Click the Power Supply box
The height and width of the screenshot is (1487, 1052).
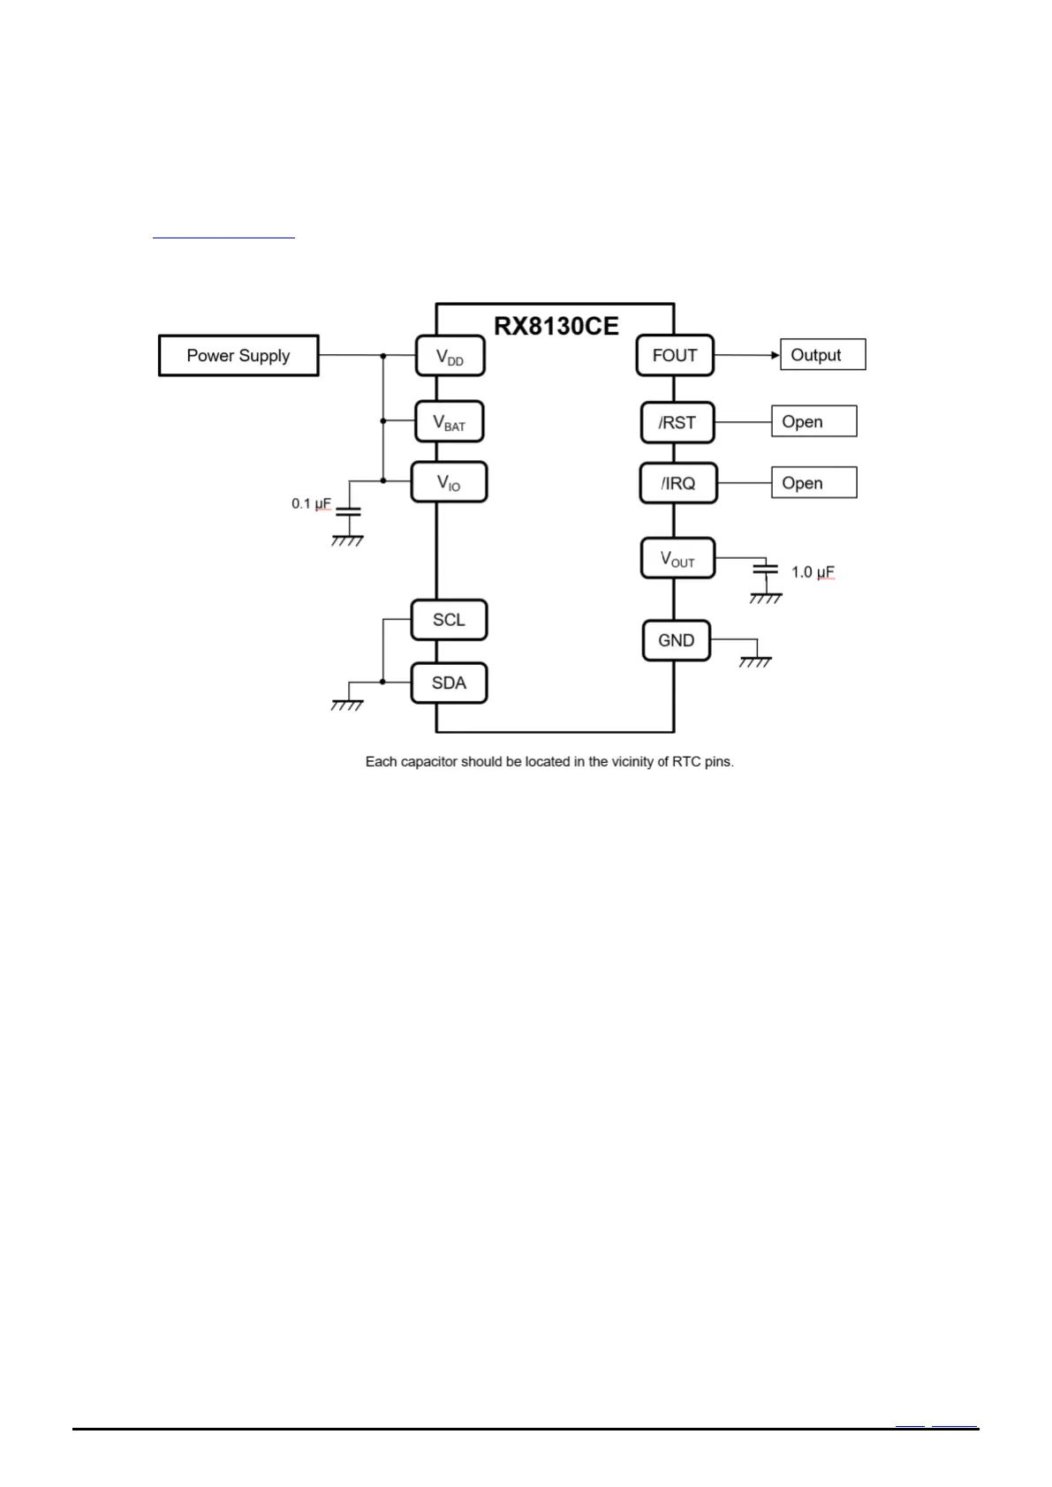click(238, 356)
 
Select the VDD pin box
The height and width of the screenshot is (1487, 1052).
click(450, 357)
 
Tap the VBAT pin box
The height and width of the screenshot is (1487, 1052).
click(450, 422)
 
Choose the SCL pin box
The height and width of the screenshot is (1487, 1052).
click(449, 620)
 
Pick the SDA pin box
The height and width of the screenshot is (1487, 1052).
click(449, 683)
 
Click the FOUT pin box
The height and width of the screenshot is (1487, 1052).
click(675, 356)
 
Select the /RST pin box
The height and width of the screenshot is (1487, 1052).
click(677, 423)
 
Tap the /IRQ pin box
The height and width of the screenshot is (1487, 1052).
click(678, 484)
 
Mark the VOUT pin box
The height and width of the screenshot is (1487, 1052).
click(677, 559)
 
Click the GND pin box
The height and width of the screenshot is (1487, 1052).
click(676, 641)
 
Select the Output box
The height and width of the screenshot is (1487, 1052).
click(822, 355)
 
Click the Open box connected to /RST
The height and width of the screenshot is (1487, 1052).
click(814, 422)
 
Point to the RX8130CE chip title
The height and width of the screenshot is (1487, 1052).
click(556, 326)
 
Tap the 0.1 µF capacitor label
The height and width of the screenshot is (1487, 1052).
click(311, 504)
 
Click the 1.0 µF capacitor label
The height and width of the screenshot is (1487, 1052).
click(813, 572)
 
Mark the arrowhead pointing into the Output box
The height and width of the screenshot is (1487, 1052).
click(775, 356)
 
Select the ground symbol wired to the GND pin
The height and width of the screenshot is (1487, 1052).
click(755, 660)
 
